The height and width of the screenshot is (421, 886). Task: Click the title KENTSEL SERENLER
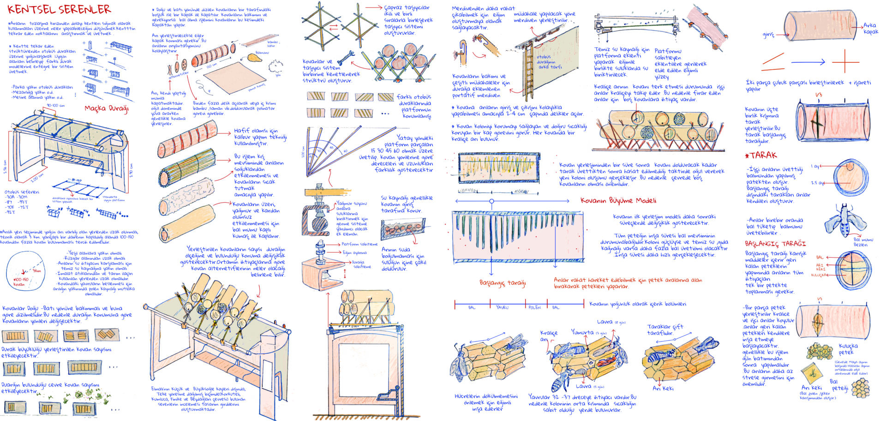[x=59, y=10]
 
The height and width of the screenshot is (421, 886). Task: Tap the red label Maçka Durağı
[x=106, y=108]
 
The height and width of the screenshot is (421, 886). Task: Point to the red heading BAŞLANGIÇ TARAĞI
[x=775, y=243]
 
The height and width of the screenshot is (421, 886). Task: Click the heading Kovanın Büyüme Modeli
[x=618, y=200]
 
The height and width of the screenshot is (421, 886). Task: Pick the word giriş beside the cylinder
[x=768, y=34]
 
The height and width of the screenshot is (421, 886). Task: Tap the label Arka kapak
[x=870, y=28]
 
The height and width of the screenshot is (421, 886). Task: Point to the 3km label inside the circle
[x=36, y=271]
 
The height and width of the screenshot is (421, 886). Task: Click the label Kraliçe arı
[x=548, y=336]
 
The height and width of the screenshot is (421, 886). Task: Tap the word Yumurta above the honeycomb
[x=582, y=332]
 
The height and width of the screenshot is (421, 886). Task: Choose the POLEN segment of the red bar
[x=534, y=307]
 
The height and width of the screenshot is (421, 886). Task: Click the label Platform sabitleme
[x=359, y=244]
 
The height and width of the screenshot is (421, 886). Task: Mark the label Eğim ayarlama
[x=354, y=253]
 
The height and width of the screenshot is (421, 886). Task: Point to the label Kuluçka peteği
[x=848, y=349]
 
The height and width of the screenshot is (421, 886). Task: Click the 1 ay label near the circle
[x=816, y=166]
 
